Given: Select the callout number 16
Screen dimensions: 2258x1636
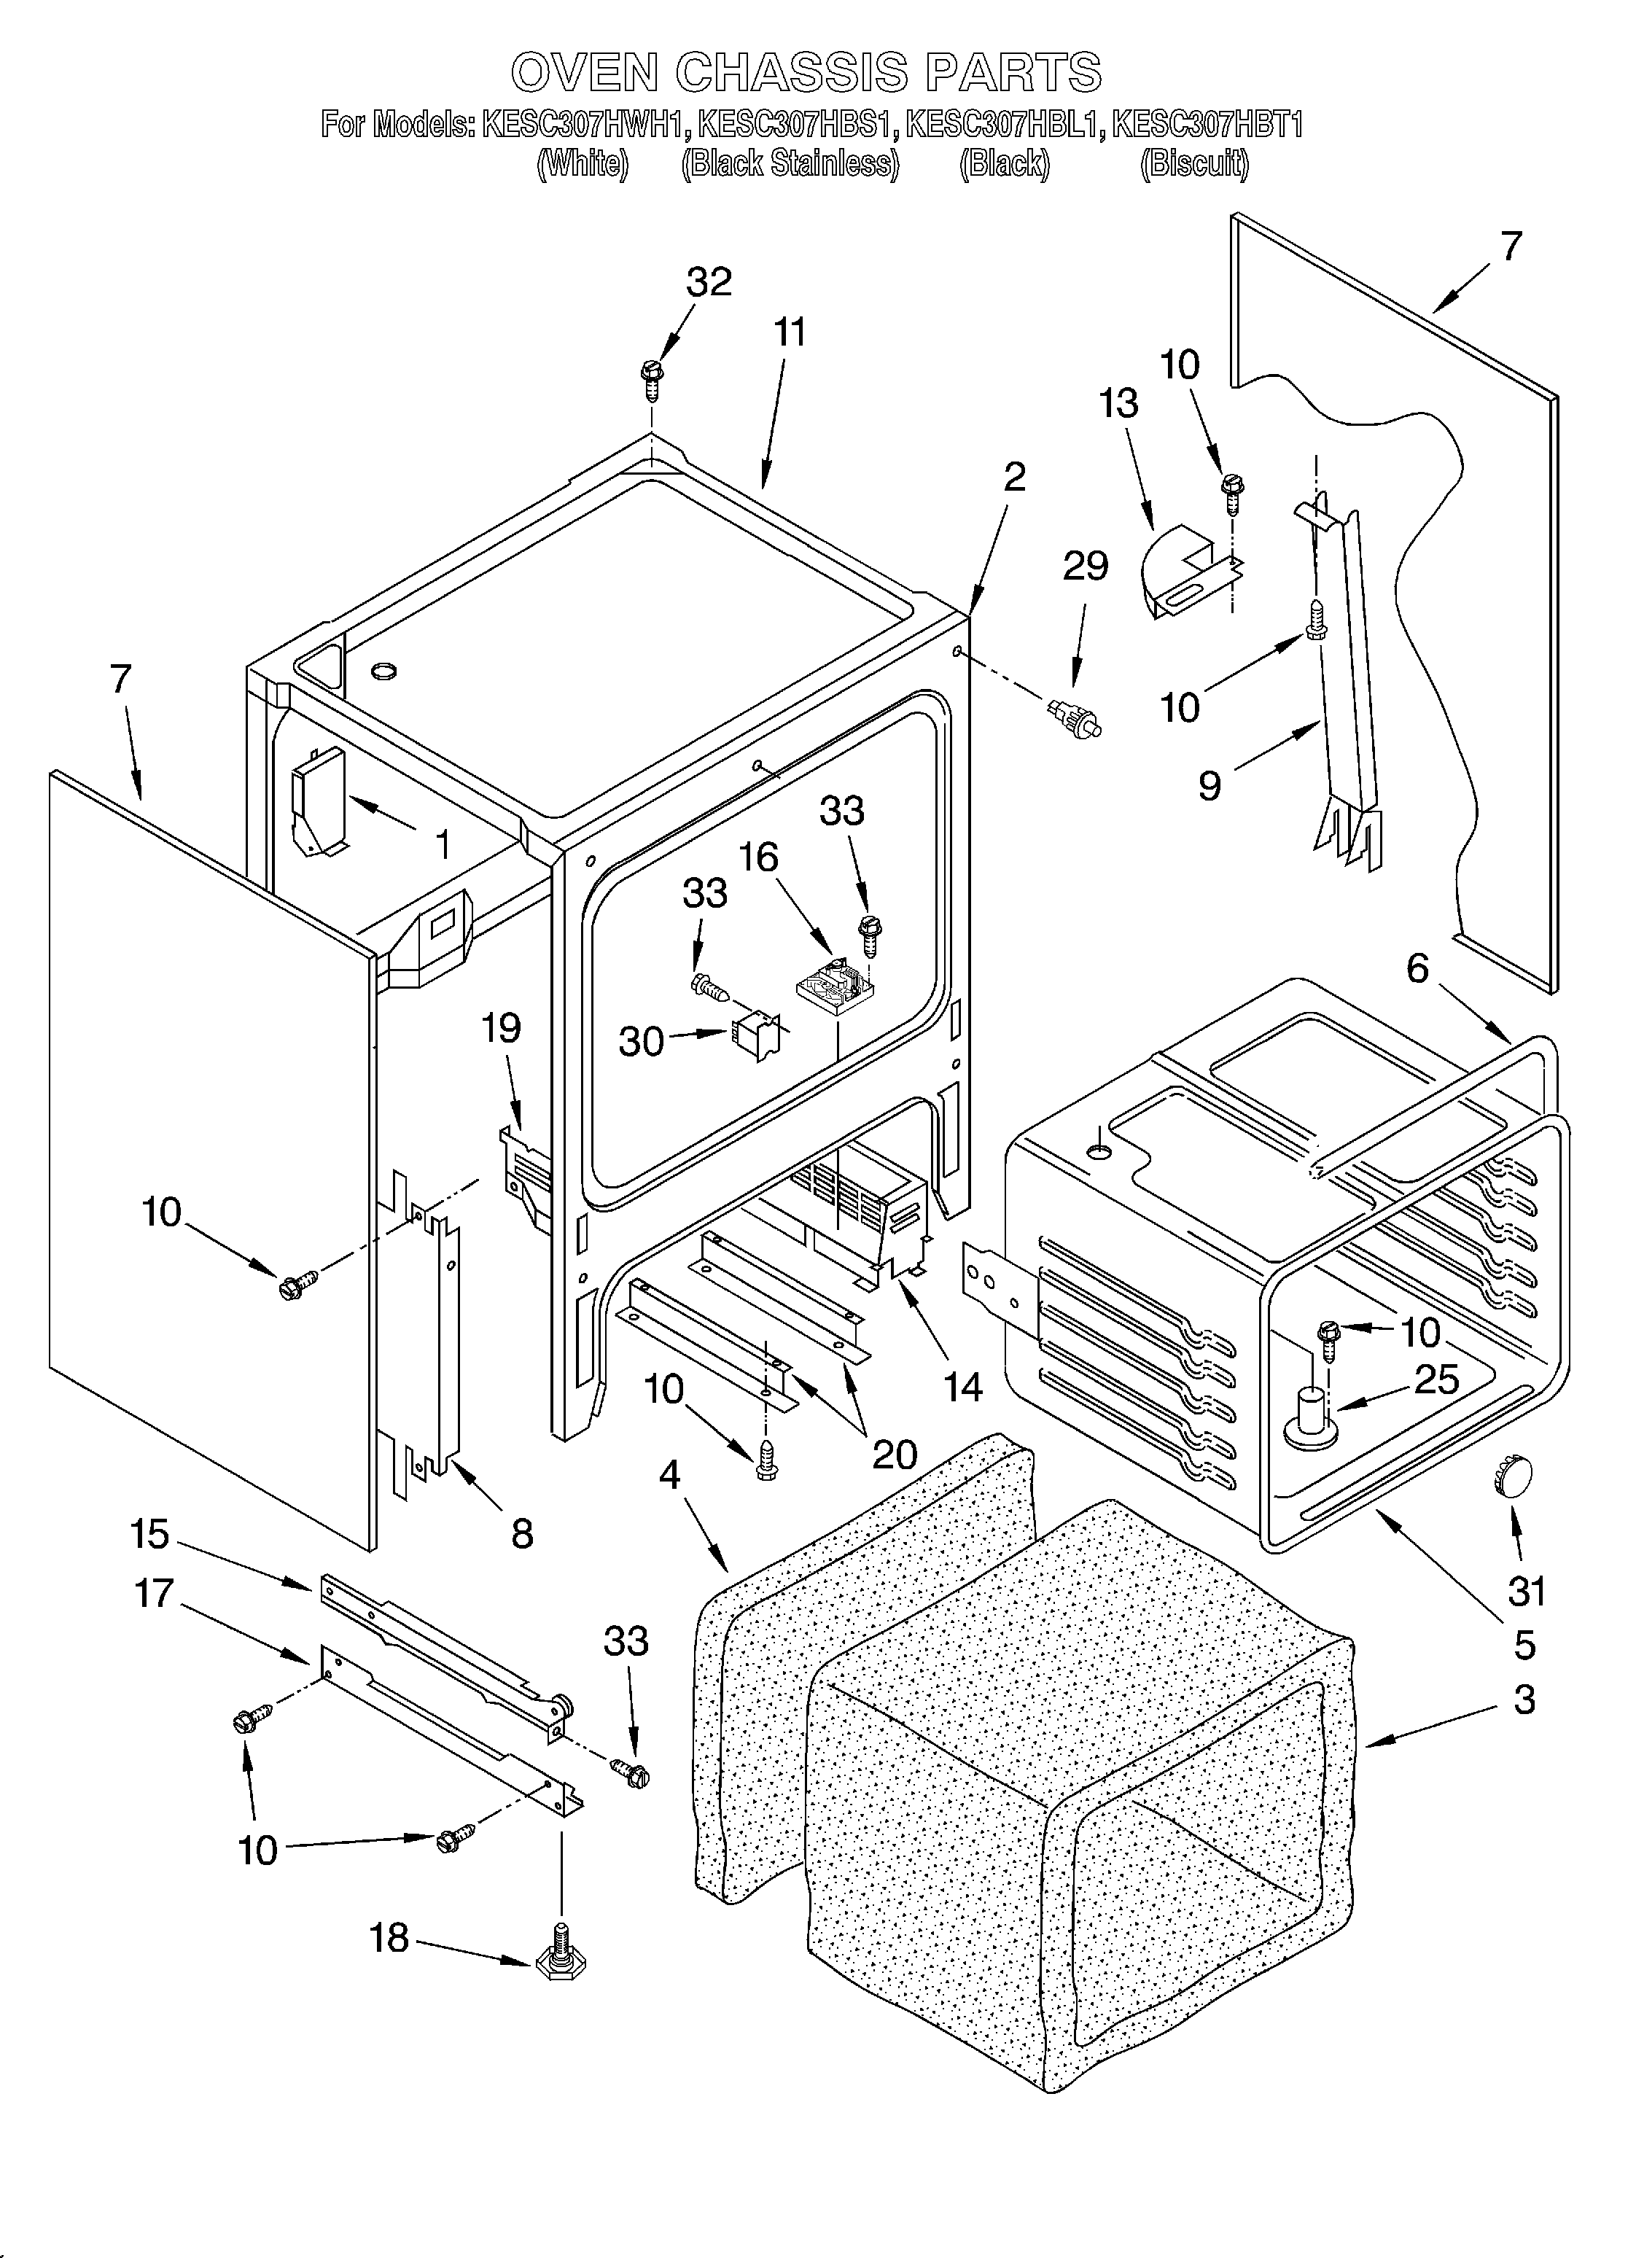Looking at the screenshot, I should (x=759, y=857).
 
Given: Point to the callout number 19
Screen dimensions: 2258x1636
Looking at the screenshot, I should (x=501, y=1027).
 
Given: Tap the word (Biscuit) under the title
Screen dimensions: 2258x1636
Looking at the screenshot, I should (x=1194, y=163).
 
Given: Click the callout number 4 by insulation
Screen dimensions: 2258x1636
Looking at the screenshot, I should (x=669, y=1474).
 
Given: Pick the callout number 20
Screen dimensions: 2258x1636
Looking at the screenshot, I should (x=893, y=1455).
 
